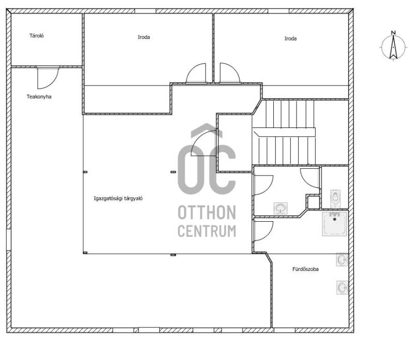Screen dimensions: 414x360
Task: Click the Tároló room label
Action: pyautogui.click(x=36, y=36)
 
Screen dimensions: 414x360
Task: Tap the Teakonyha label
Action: pyautogui.click(x=39, y=97)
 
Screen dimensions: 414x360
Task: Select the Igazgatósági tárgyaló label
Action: pyautogui.click(x=118, y=198)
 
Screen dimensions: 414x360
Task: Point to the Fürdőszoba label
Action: pyautogui.click(x=305, y=269)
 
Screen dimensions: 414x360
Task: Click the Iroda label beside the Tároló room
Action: pyautogui.click(x=144, y=37)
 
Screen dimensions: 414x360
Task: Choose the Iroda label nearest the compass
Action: pyautogui.click(x=290, y=39)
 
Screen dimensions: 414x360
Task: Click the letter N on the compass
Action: pyautogui.click(x=393, y=33)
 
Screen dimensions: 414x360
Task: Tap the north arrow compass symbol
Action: pyautogui.click(x=393, y=47)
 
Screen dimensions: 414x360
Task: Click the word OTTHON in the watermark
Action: pyautogui.click(x=206, y=213)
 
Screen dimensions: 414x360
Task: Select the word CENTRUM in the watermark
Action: pyautogui.click(x=206, y=231)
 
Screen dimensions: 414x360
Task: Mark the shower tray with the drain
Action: pyautogui.click(x=334, y=224)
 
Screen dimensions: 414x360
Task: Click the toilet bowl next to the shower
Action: pyautogui.click(x=335, y=198)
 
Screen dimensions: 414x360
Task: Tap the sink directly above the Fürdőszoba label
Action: pyautogui.click(x=342, y=260)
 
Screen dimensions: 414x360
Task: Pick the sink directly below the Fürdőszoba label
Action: pyautogui.click(x=342, y=287)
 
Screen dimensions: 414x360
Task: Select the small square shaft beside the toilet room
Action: pyautogui.click(x=314, y=202)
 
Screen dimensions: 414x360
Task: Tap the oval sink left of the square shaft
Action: pyautogui.click(x=280, y=208)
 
